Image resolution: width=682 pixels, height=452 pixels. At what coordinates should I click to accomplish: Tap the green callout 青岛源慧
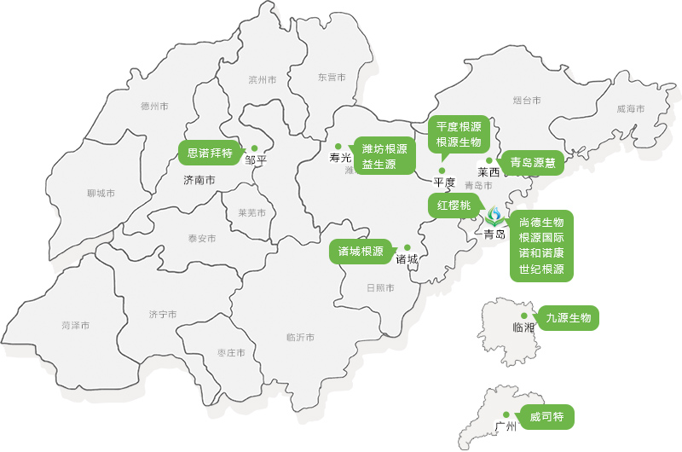[x=532, y=163]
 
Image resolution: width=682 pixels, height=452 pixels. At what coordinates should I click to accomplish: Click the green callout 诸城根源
[x=360, y=252]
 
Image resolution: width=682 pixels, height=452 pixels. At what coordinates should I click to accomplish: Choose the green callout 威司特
[x=546, y=418]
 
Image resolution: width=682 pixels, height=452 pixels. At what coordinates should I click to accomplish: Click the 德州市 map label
[x=154, y=107]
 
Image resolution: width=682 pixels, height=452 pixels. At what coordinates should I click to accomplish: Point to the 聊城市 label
[x=101, y=194]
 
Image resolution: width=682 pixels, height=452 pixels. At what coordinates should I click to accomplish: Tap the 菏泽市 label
[x=76, y=326]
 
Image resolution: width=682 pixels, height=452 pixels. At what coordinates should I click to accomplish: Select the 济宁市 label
[x=162, y=315]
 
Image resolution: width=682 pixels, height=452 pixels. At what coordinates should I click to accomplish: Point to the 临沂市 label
[x=301, y=338]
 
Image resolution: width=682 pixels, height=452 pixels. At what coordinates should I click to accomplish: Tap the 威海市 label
[x=630, y=109]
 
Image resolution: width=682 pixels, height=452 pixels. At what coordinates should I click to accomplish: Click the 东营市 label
[x=332, y=77]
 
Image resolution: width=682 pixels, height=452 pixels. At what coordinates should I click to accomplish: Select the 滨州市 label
[x=263, y=80]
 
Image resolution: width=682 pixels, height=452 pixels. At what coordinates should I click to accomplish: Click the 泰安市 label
[x=202, y=239]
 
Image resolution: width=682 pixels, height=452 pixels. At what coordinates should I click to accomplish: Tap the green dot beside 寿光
[x=338, y=146]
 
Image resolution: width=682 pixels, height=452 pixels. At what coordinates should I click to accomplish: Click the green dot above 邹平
[x=254, y=148]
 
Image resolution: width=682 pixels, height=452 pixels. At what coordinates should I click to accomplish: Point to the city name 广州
[x=506, y=427]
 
